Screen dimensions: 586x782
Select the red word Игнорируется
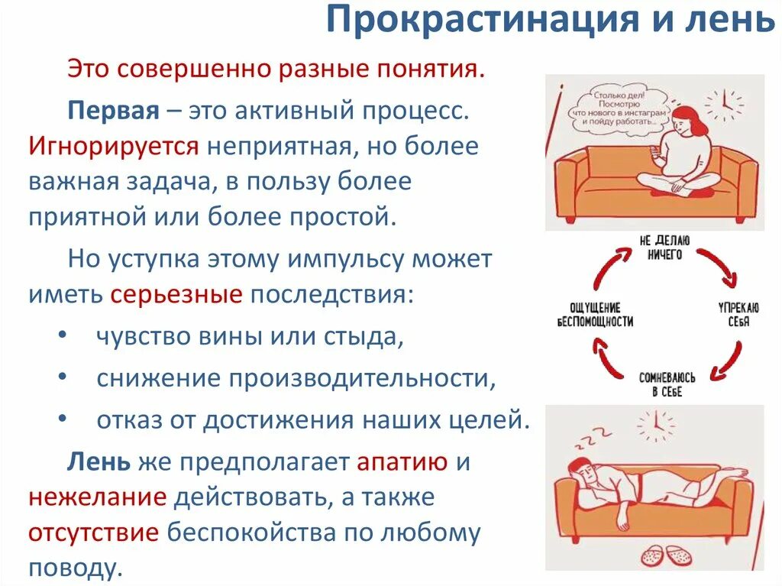coord(115,145)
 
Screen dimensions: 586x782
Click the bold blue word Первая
coord(113,108)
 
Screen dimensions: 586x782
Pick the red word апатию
coord(402,461)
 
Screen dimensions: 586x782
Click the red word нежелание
coord(98,498)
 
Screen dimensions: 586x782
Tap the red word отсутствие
coord(94,533)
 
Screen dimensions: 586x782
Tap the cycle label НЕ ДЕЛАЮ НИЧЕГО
coord(661,248)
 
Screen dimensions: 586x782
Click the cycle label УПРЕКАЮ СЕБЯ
coord(737,315)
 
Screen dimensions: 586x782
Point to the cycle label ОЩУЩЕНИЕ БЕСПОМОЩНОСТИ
coord(595,314)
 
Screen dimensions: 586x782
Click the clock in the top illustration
coord(722,102)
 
